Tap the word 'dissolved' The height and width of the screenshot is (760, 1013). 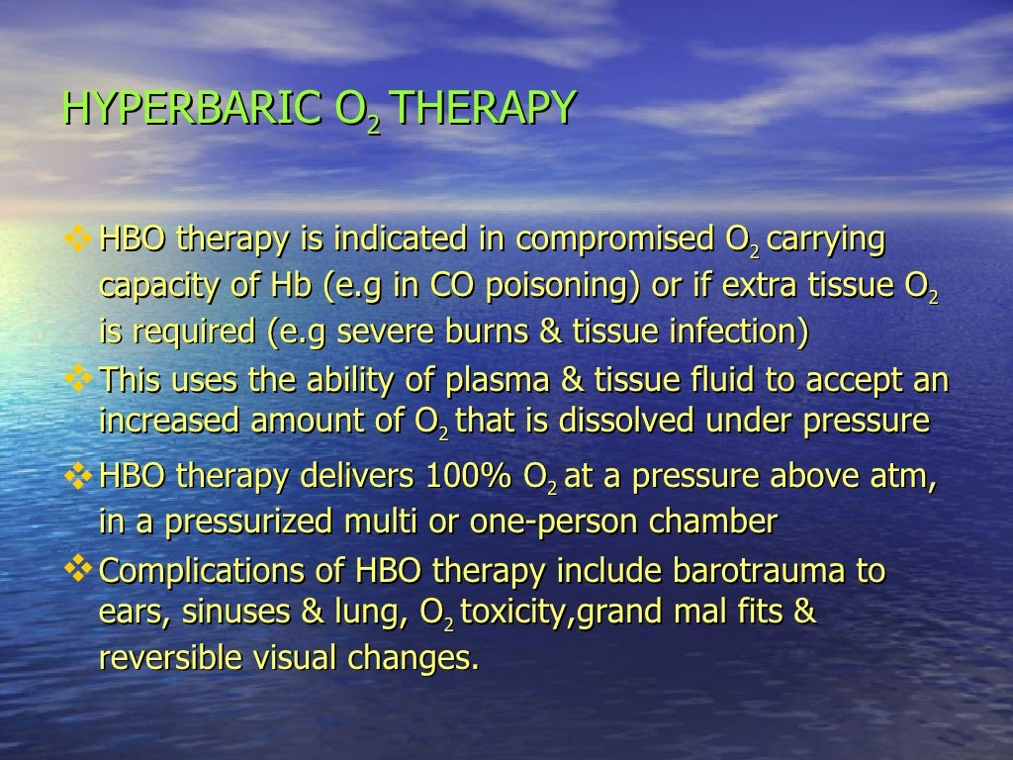point(629,421)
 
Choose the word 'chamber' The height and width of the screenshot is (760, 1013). point(721,521)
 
